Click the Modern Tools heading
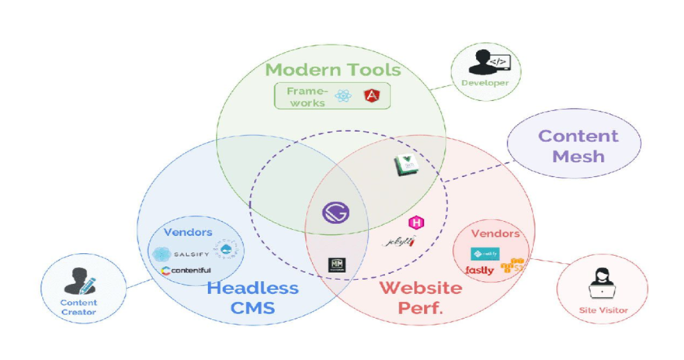[x=332, y=70]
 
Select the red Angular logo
[x=372, y=97]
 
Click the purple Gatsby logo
[x=335, y=212]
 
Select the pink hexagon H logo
[x=416, y=222]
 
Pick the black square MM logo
[x=336, y=265]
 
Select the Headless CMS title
[x=252, y=298]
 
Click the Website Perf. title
[x=420, y=298]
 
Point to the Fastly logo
[x=480, y=270]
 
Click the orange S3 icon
[x=514, y=266]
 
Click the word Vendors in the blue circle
[x=187, y=232]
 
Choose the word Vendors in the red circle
[x=495, y=234]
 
